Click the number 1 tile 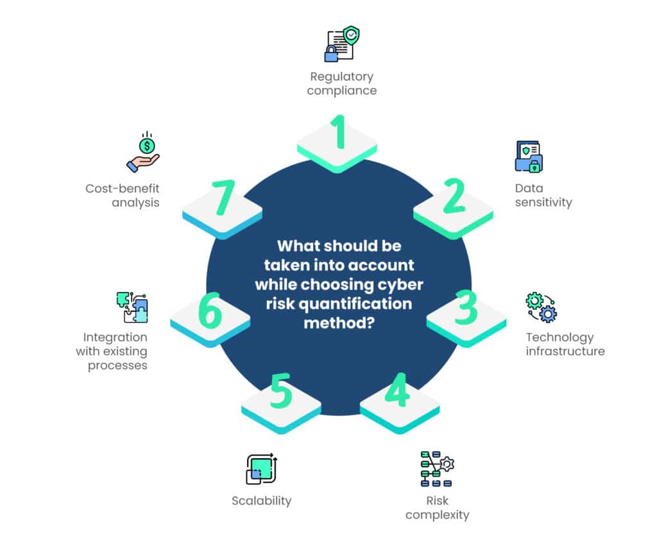[x=337, y=142]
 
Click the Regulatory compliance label [x=341, y=84]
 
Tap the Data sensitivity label [x=543, y=195]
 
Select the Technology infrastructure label [x=565, y=344]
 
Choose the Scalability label [x=261, y=501]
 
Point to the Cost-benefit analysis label [x=123, y=195]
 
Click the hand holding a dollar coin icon [x=143, y=153]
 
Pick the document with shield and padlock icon [x=341, y=44]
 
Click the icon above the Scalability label [x=261, y=469]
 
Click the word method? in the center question [x=339, y=322]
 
